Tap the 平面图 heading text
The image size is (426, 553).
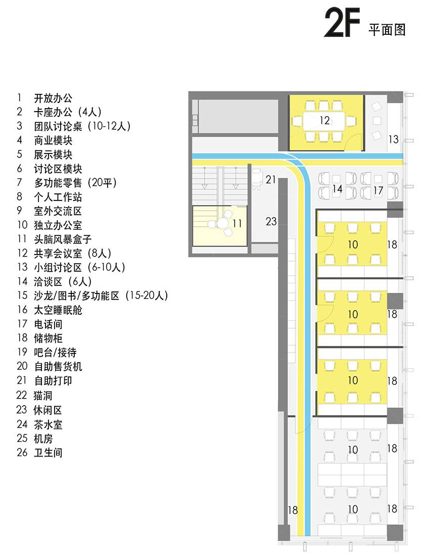pos(387,30)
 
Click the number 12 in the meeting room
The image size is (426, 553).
pos(324,120)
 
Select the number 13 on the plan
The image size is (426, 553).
pos(394,139)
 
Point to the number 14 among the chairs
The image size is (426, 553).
pos(337,189)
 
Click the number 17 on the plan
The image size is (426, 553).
pos(378,190)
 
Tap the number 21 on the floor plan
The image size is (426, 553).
pos(271,179)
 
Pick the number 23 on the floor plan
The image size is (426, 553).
pos(271,221)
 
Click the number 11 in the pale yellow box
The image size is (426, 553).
pos(237,223)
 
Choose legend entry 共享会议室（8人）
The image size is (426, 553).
pos(72,253)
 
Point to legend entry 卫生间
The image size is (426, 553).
pos(48,453)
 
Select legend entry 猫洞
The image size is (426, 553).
pos(43,395)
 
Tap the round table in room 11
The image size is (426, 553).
pos(222,224)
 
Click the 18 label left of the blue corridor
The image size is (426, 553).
pos(293,510)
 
